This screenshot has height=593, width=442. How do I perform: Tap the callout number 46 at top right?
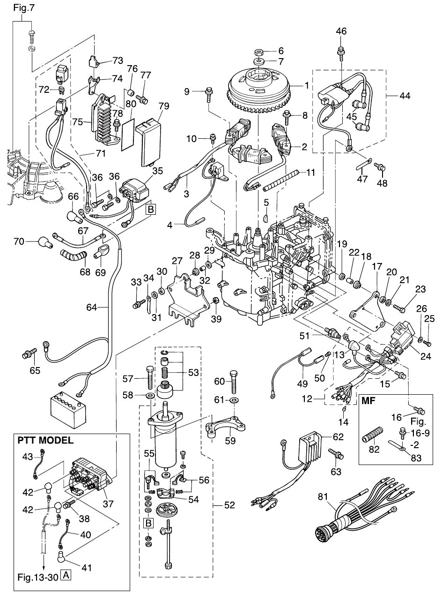click(341, 32)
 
